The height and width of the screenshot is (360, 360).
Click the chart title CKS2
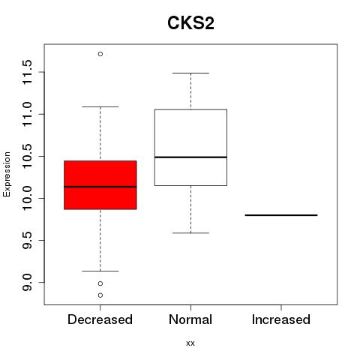(x=190, y=23)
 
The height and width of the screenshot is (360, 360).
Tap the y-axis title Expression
(x=7, y=174)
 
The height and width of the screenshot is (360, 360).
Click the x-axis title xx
(x=190, y=343)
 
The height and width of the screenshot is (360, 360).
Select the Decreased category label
(x=100, y=319)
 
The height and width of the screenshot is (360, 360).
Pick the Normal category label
(x=190, y=319)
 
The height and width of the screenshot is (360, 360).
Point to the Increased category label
(x=281, y=319)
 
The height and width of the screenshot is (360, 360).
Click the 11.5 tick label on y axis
(x=27, y=72)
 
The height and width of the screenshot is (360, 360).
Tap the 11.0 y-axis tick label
(x=27, y=114)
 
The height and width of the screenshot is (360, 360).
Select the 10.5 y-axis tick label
(x=27, y=157)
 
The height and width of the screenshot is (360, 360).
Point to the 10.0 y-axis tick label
(x=27, y=199)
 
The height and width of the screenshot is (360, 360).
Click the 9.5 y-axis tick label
(x=27, y=241)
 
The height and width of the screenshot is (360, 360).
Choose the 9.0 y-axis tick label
(x=27, y=283)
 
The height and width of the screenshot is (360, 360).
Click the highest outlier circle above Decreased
(x=100, y=54)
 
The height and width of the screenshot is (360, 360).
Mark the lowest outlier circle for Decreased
(x=100, y=295)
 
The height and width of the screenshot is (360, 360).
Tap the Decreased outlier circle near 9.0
(x=100, y=283)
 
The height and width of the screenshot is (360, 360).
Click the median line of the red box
(x=100, y=187)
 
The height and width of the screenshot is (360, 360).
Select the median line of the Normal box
(x=190, y=157)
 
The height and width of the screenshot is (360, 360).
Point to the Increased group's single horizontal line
(x=281, y=215)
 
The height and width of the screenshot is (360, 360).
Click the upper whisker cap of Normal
(x=190, y=73)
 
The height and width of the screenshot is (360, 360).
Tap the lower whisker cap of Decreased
(x=100, y=271)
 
